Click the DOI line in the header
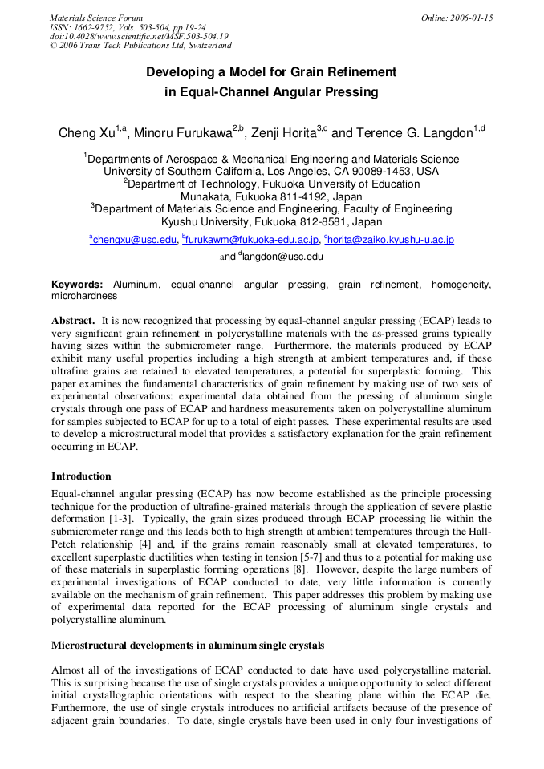click(139, 36)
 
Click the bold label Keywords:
click(77, 285)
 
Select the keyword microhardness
click(84, 296)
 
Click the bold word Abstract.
click(73, 320)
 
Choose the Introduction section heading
click(81, 476)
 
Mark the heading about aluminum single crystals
click(188, 645)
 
